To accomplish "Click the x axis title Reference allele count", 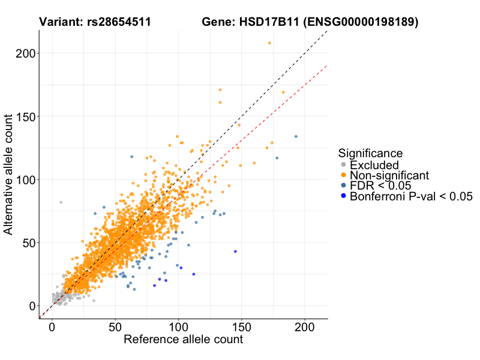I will coord(183,340).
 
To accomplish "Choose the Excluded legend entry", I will coord(374,165).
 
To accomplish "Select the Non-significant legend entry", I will coord(389,175).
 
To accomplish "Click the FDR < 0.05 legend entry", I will coord(384,185).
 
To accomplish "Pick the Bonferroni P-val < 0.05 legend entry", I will coord(412,196).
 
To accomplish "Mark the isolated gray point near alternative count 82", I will coord(61,202).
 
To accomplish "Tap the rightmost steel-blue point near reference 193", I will coord(296,137).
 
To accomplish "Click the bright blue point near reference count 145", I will coord(235,251).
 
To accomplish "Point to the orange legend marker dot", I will coord(343,175).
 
